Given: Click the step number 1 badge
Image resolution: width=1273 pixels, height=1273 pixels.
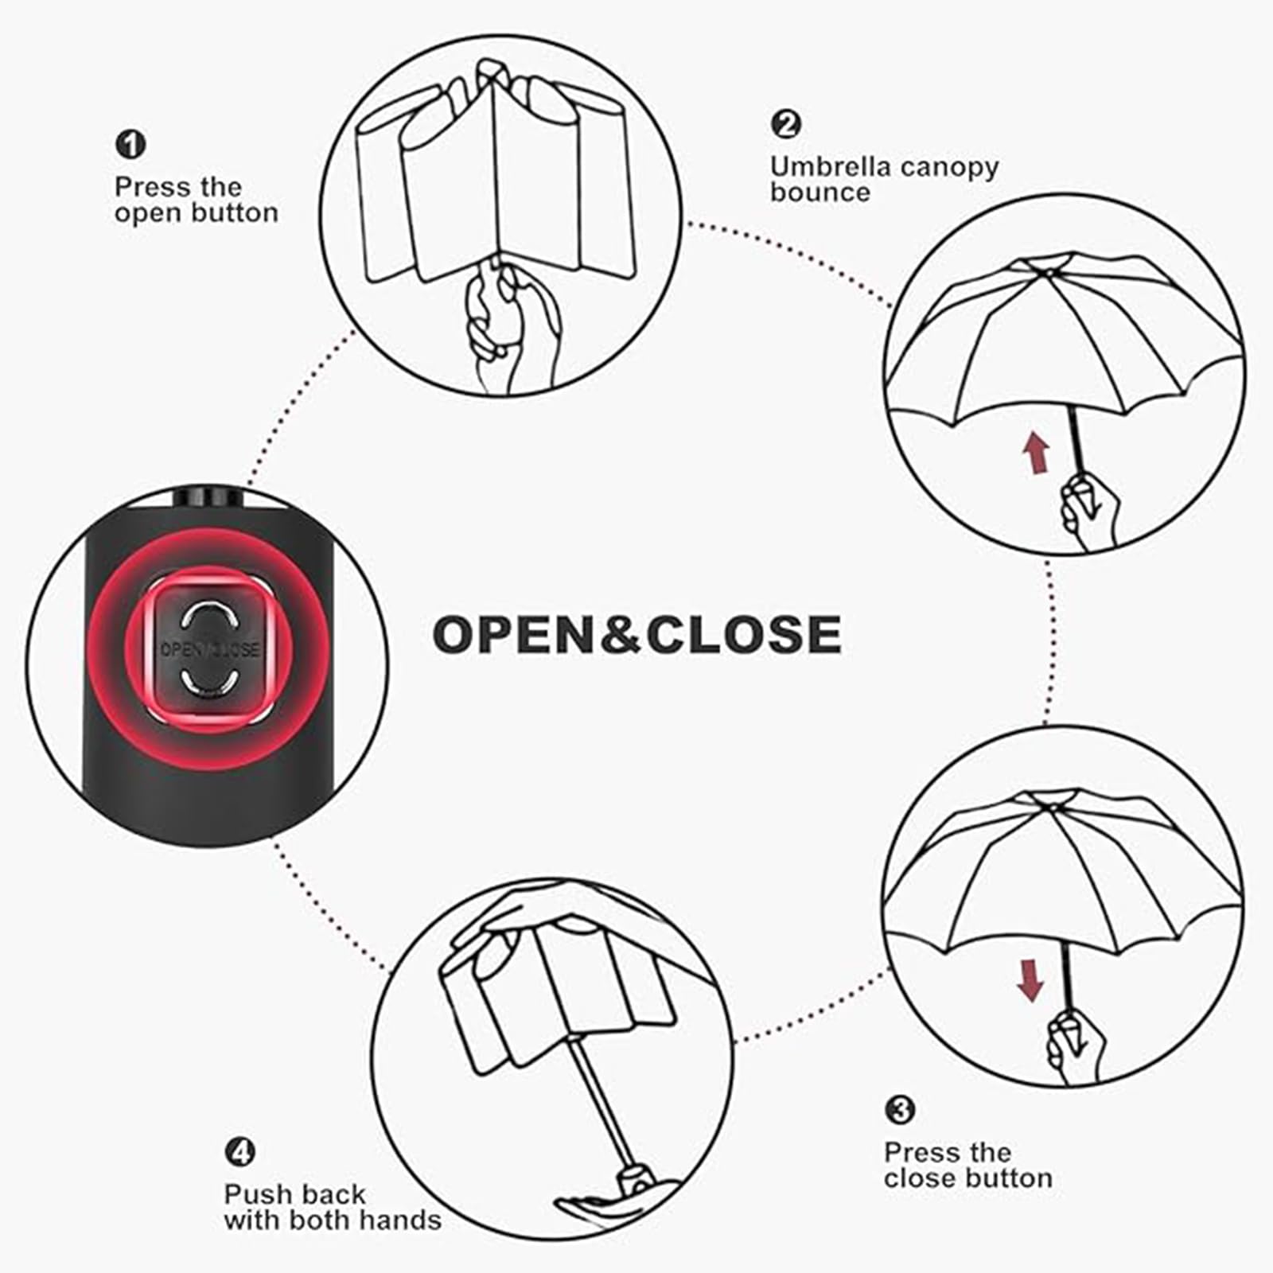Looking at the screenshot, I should [x=130, y=145].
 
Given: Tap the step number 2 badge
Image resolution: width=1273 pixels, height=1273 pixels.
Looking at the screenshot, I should [x=785, y=124].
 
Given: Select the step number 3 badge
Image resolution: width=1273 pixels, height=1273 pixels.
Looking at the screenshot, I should [x=900, y=1109].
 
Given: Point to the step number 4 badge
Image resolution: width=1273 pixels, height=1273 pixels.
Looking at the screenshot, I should [x=239, y=1151].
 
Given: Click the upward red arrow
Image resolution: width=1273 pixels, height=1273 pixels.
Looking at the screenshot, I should [x=1036, y=452].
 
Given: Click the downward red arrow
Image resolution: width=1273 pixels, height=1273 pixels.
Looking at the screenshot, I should [x=1030, y=979].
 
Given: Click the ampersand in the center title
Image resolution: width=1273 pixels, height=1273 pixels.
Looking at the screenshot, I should [x=621, y=635].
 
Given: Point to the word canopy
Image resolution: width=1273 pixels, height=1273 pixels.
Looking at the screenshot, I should [x=948, y=168].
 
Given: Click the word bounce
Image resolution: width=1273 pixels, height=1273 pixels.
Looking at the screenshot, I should [x=819, y=193].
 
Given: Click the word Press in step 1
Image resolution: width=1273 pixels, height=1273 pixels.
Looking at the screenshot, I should [x=154, y=188].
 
